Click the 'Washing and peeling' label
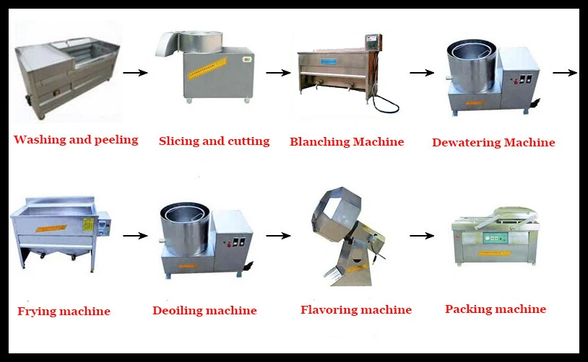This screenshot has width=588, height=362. coord(76,140)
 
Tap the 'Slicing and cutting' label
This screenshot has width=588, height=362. coord(214,141)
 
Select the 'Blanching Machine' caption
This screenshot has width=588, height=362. coord(347,141)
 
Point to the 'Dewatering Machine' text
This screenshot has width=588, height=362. coord(493,143)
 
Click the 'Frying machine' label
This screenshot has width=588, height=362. coord(64,312)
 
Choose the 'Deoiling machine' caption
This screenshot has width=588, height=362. coord(204,311)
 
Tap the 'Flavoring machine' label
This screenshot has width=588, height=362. coord(356,310)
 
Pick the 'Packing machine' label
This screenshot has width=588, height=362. coord(495,309)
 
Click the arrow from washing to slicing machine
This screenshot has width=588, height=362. coord(135,73)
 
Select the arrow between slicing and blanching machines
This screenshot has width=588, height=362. coord(278,73)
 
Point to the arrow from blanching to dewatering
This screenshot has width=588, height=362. coord(421,73)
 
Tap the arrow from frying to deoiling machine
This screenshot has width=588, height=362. coord(135,235)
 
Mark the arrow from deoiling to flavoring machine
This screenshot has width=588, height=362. coord(278,235)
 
